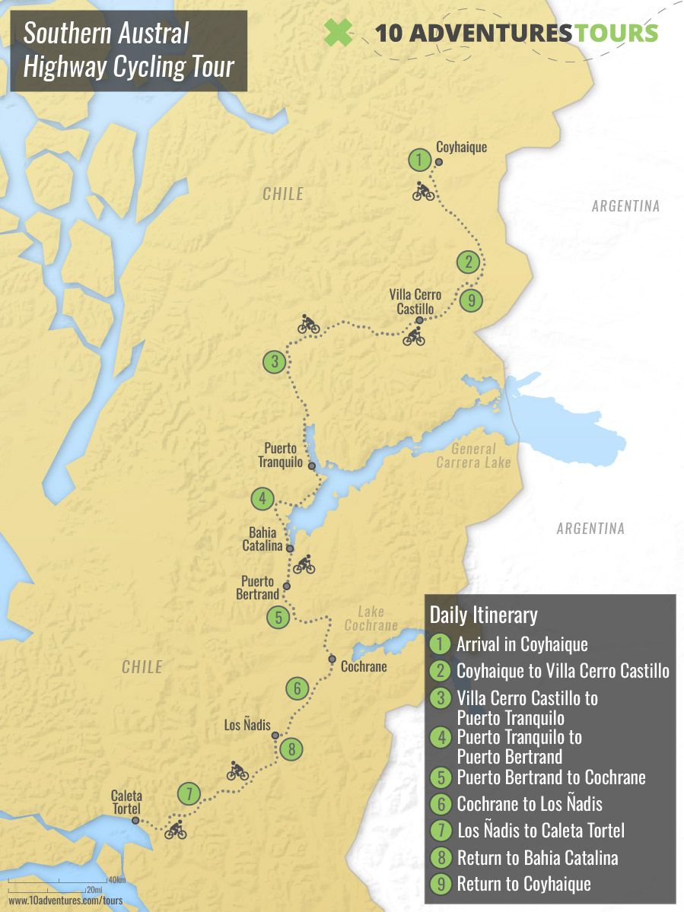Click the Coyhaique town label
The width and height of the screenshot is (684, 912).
pos(461,148)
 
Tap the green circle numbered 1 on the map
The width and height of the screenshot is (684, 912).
pos(419,160)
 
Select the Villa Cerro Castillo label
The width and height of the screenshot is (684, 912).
pos(415,302)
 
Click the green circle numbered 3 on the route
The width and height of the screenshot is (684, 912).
pos(275,362)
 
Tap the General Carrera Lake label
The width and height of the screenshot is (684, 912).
pos(472,456)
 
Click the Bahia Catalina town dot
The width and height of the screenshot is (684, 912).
pos(290,548)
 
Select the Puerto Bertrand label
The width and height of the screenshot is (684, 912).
pos(258,588)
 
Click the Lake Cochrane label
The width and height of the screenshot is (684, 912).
pos(371,618)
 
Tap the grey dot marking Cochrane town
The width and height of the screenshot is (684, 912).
pos(332,659)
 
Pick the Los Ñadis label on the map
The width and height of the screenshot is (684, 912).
pos(247,725)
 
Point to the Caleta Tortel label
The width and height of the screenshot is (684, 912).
pos(126,802)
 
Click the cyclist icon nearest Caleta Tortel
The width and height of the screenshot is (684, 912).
pos(176,830)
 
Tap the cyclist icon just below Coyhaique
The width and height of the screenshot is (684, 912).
pos(424,191)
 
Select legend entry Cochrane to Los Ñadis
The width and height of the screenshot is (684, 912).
pos(530,803)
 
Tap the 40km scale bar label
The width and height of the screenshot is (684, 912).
pos(116,880)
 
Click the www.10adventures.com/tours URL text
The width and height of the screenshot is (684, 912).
pos(65,901)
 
